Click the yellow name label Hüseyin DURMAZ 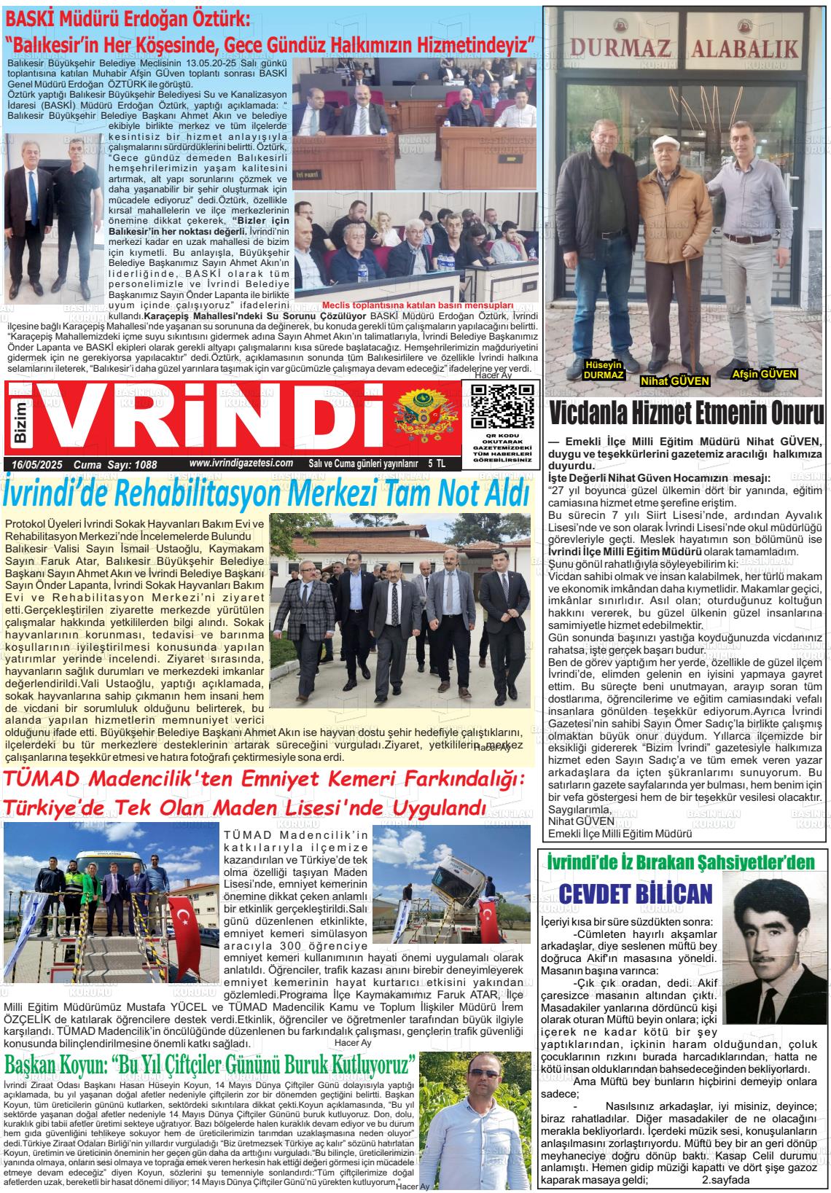pyautogui.click(x=604, y=370)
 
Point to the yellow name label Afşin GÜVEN pyautogui.click(x=764, y=374)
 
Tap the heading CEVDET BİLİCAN pyautogui.click(x=634, y=893)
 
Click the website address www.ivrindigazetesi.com pyautogui.click(x=241, y=463)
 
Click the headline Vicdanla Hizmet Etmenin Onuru pyautogui.click(x=687, y=415)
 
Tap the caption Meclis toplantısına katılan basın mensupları pyautogui.click(x=418, y=305)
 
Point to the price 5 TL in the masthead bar pyautogui.click(x=437, y=463)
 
